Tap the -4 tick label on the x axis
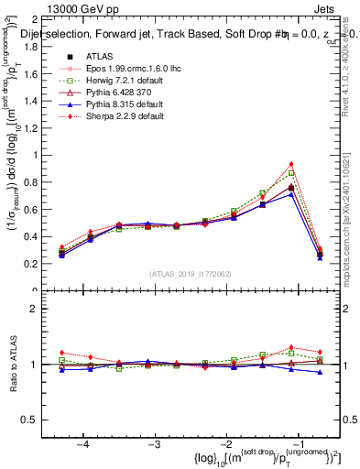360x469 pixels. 83,442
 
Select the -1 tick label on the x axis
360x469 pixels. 297,442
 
